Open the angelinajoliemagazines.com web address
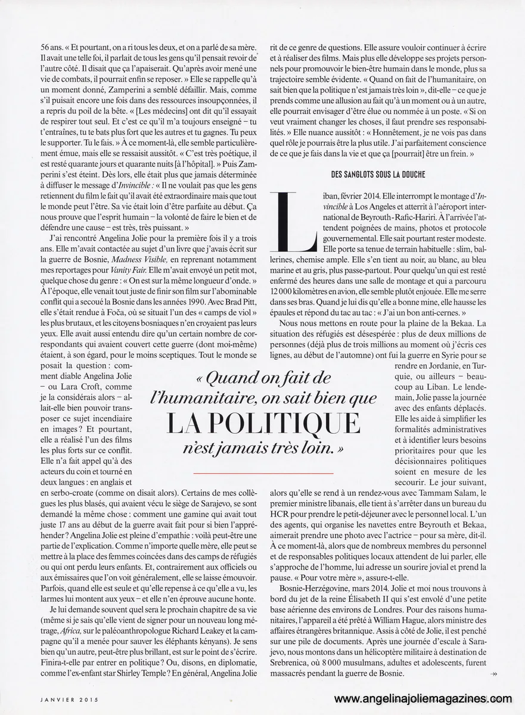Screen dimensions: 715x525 click(x=423, y=699)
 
